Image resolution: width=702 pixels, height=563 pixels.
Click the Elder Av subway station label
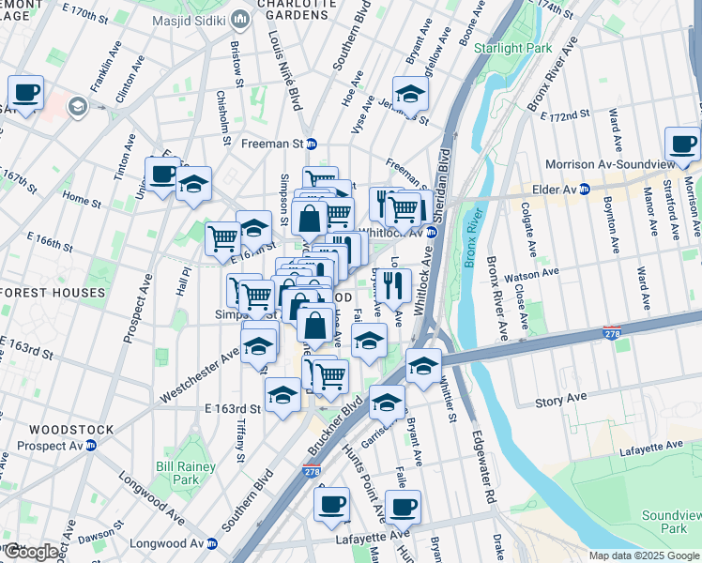click(x=560, y=189)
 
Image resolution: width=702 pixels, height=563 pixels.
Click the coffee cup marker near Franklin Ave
click(x=26, y=93)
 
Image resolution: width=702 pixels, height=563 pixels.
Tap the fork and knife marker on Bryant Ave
click(x=395, y=284)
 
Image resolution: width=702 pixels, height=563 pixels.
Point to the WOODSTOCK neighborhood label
click(x=71, y=430)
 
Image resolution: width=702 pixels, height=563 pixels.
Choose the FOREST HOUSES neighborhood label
click(x=53, y=293)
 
